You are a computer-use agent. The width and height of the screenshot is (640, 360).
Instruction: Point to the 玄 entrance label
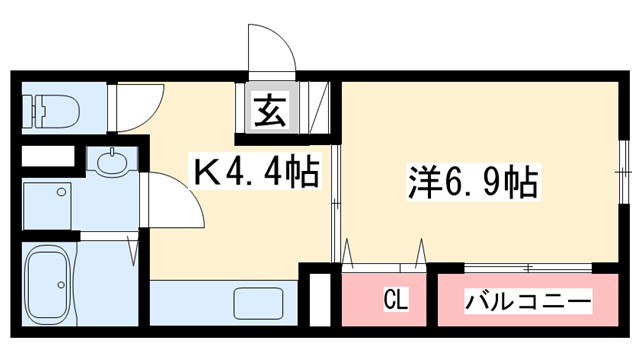coord(271,109)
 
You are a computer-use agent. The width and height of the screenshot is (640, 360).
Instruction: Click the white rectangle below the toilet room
coord(47,158)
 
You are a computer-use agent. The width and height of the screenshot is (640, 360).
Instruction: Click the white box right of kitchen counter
coord(320,298)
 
